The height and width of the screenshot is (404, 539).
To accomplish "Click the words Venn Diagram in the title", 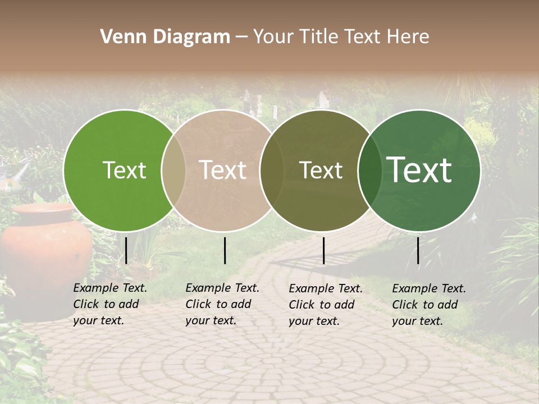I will pos(165,37).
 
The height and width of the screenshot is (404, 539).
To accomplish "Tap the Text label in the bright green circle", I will pos(124,171).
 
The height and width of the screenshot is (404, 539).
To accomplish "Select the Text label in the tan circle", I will pos(223,171).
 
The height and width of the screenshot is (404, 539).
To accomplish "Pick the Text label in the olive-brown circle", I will pos(321,171).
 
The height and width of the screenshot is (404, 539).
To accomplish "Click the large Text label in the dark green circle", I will pos(419,170).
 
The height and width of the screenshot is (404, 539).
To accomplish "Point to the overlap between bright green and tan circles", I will pos(173,171).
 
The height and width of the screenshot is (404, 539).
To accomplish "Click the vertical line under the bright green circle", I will pos(126,250).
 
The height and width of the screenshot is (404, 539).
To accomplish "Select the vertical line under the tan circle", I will pos(225,250).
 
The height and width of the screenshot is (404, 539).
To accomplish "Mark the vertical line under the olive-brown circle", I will pos(324,250).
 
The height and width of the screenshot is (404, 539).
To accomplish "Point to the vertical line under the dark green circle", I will pos(418,250).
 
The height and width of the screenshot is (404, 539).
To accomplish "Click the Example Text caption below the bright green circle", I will pos(110,304).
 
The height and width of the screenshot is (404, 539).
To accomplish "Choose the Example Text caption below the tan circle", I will pos(222,304).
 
